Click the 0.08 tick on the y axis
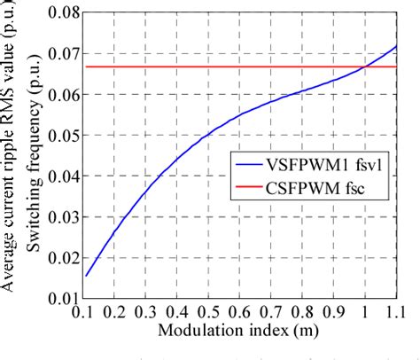[x=56, y=13]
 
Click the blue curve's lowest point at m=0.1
[x=87, y=275]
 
